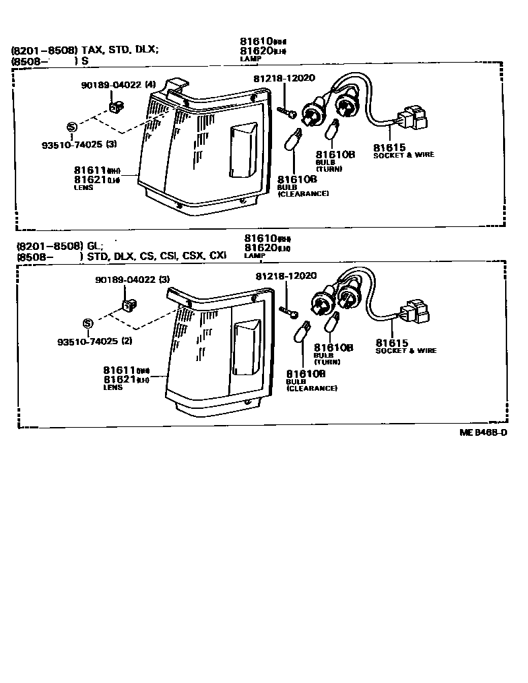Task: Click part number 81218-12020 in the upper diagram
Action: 284,79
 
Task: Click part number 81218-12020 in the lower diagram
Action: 286,276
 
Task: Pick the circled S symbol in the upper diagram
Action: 72,127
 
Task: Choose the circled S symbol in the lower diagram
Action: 88,323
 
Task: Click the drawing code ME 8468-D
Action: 483,433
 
